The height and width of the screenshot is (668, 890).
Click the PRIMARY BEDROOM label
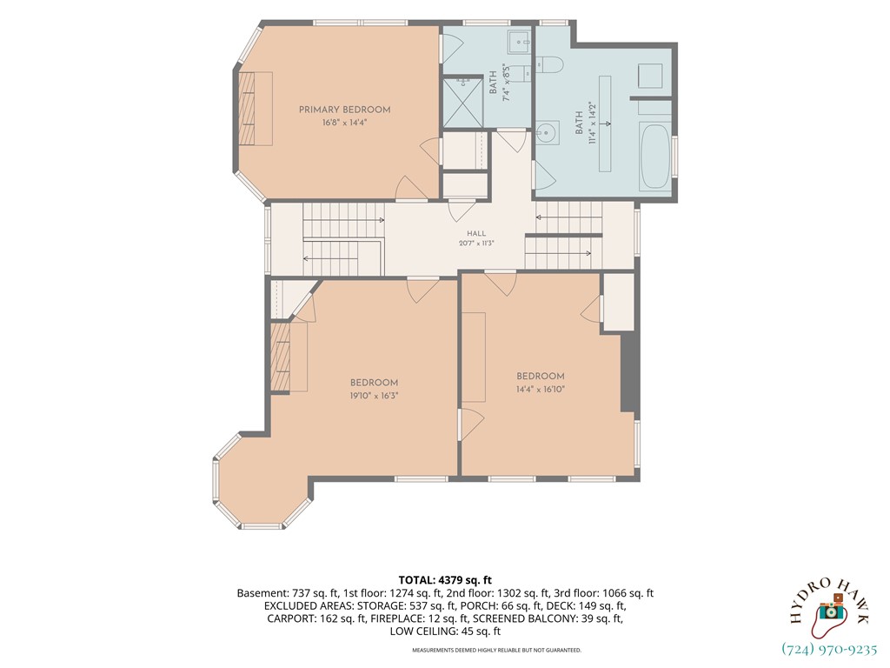(x=344, y=110)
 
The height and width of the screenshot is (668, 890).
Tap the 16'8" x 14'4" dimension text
(x=344, y=122)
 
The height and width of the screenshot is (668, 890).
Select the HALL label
(x=477, y=233)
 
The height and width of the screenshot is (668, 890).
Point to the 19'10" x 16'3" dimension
(x=374, y=396)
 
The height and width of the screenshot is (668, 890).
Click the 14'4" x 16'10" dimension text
(x=541, y=389)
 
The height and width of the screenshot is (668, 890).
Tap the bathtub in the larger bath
(x=654, y=157)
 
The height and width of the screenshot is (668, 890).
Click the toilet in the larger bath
(x=549, y=65)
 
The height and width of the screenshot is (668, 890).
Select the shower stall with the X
(x=462, y=103)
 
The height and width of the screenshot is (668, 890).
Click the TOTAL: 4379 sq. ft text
(x=445, y=580)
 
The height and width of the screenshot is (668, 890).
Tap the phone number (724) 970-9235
(x=829, y=649)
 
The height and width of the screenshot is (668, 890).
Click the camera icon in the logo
(x=830, y=610)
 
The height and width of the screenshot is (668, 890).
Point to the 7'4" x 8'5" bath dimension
(x=507, y=83)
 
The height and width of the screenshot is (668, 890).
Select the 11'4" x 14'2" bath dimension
(x=593, y=124)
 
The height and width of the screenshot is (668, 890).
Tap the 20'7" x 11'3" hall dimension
(x=477, y=244)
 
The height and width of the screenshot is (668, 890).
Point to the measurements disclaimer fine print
(x=496, y=650)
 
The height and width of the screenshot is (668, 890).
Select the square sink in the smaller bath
(x=519, y=40)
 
